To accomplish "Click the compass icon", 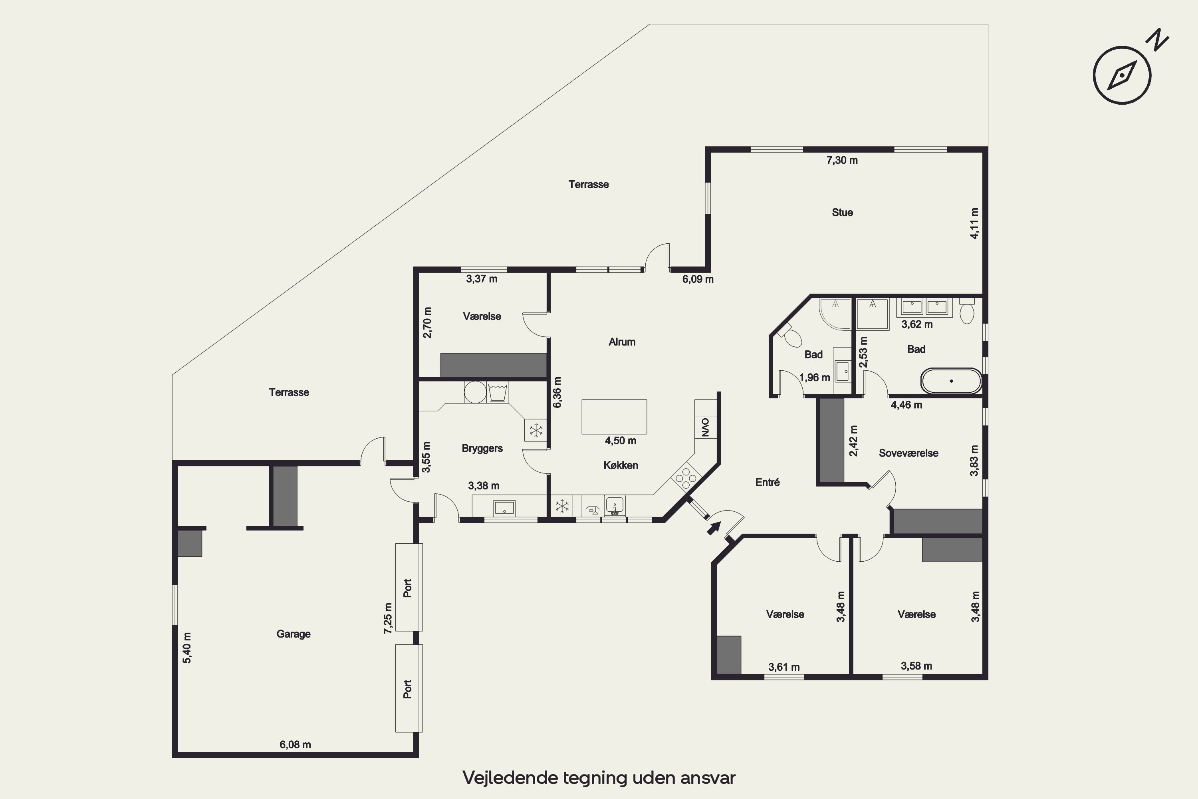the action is coord(1122,76).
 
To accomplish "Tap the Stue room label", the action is coord(842,213).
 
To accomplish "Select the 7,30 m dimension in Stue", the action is coord(842,161).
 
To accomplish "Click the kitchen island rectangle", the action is coord(614,417).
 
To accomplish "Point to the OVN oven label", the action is coord(705,427).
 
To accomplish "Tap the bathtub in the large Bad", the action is coord(951,381).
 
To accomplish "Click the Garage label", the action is coord(294,634).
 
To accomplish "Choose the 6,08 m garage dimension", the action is coord(295,745).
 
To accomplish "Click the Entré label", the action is coord(767,482).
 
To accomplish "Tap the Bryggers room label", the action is coord(482,448).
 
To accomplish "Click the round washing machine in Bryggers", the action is coord(475,392).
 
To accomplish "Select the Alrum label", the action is coord(622,342).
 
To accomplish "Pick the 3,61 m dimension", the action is coord(784,667).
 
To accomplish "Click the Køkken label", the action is coord(621,465).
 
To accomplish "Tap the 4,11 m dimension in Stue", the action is coord(974,223).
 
